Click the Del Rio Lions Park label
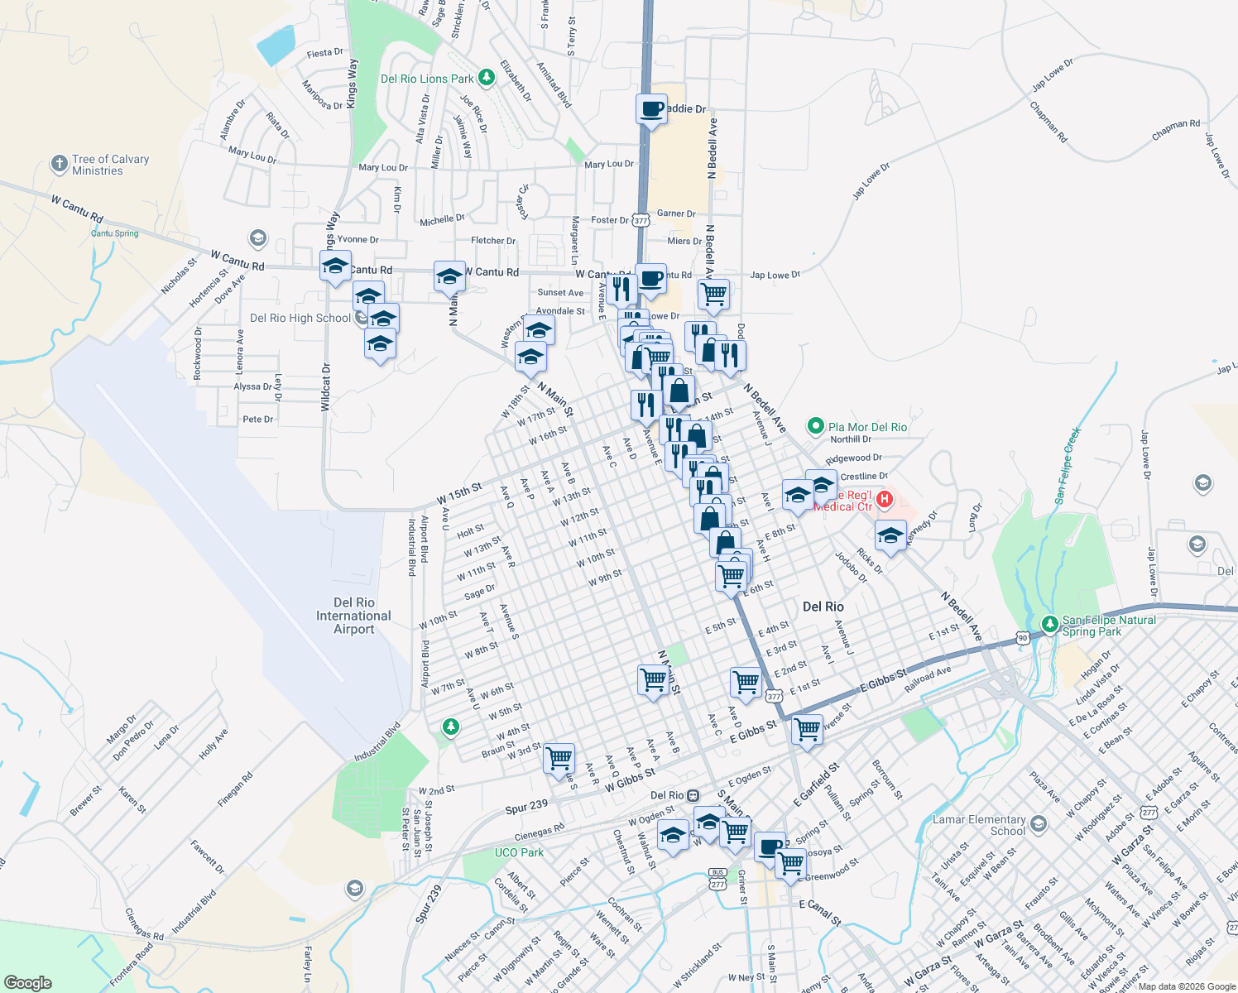tap(427, 79)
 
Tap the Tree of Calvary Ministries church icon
tap(59, 164)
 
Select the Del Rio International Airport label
tap(353, 616)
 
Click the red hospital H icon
tap(885, 499)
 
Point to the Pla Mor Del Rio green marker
tap(815, 427)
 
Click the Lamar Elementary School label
tap(979, 825)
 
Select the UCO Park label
tap(519, 852)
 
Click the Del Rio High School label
tap(300, 318)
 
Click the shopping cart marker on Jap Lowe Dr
tap(713, 293)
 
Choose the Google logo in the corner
tap(27, 982)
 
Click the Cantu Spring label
tap(114, 233)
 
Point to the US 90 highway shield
tap(1023, 638)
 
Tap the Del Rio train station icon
tap(693, 795)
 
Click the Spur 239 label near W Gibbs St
tap(526, 806)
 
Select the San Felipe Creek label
tap(1068, 466)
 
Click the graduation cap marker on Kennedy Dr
tap(890, 535)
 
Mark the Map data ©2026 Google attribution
tap(1185, 986)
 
